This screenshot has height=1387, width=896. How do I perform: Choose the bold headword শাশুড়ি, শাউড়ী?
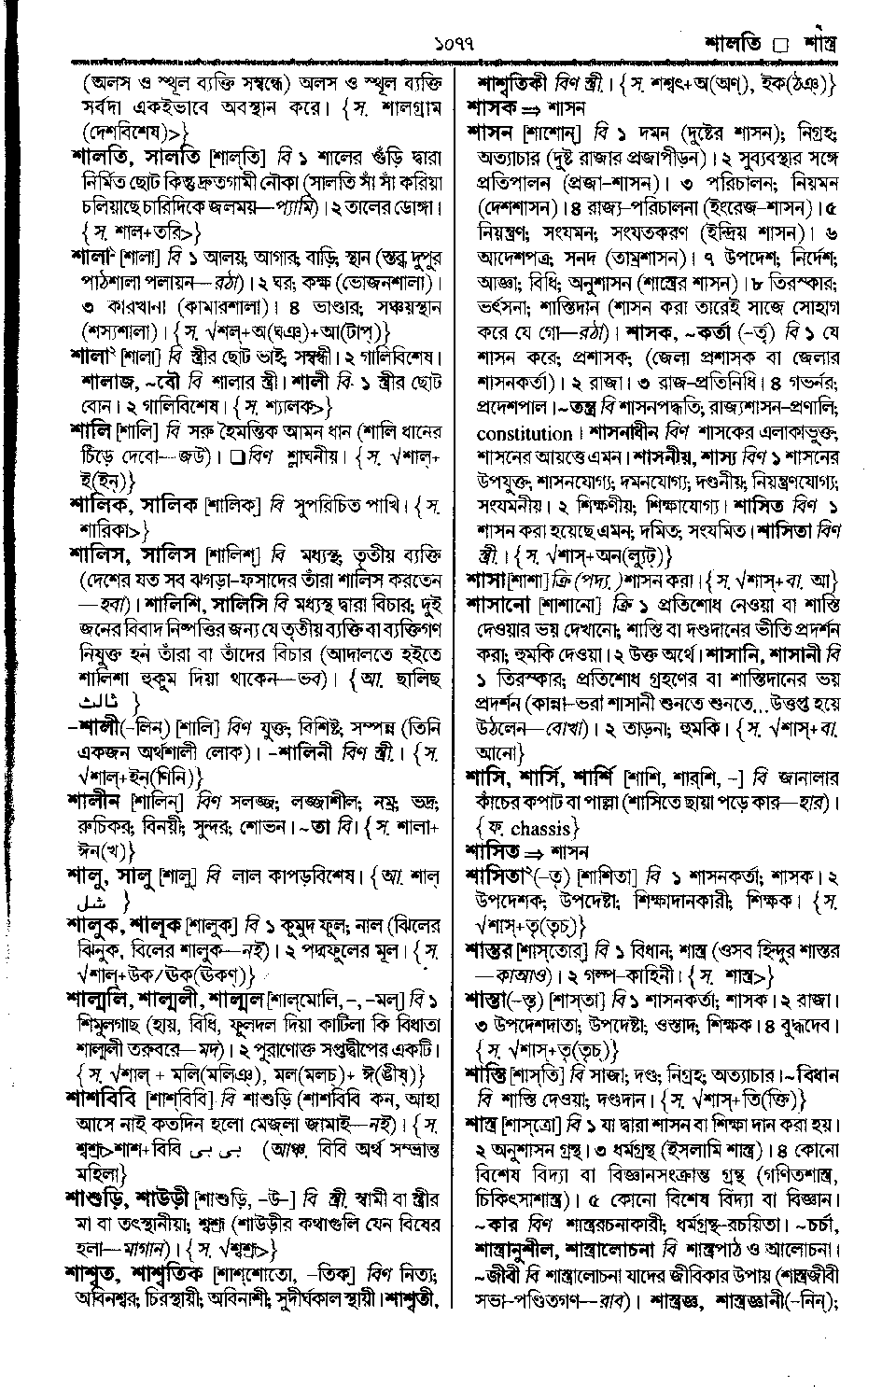point(128,1196)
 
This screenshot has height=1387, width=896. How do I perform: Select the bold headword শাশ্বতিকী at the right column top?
point(515,83)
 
